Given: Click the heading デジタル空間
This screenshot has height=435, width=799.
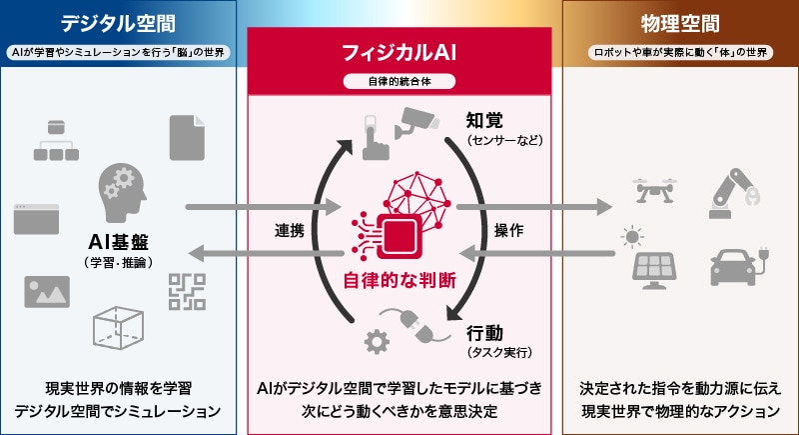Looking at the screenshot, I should coord(118,22).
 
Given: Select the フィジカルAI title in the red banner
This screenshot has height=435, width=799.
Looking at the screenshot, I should coord(399,51).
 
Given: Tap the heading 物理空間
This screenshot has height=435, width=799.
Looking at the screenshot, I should coord(680,22).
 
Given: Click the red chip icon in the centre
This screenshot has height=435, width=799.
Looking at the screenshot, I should coord(399,236).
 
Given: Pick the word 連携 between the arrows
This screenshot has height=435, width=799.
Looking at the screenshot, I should coord(291,229).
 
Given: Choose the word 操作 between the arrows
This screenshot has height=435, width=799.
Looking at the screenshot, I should coord(508,229).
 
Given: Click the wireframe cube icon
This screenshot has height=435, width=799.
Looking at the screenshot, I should coord(119,324).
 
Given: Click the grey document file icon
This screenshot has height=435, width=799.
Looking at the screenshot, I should coord(187,138).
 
